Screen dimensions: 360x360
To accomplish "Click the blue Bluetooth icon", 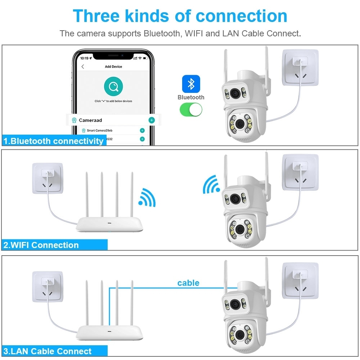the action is (x=191, y=84).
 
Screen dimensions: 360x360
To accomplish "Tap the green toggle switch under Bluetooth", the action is (x=191, y=109).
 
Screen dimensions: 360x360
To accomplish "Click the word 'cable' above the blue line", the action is (x=188, y=283).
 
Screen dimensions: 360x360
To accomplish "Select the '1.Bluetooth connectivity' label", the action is (x=53, y=141).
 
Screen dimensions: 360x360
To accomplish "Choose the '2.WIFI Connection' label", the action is (x=41, y=245).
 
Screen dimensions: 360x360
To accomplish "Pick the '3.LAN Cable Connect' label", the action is (x=48, y=351).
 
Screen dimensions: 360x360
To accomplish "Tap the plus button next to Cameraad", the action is (x=152, y=120).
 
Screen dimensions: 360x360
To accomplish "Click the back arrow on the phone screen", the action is (x=83, y=67).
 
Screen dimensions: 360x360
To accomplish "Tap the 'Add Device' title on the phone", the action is (x=113, y=67).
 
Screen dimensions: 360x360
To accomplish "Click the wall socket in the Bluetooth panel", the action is (x=300, y=67).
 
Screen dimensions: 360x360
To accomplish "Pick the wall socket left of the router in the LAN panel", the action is (x=47, y=287).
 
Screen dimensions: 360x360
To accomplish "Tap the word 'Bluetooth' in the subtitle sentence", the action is (x=163, y=34).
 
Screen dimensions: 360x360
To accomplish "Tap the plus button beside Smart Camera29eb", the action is (x=142, y=130).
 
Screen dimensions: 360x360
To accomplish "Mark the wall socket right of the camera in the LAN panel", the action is (x=300, y=280).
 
